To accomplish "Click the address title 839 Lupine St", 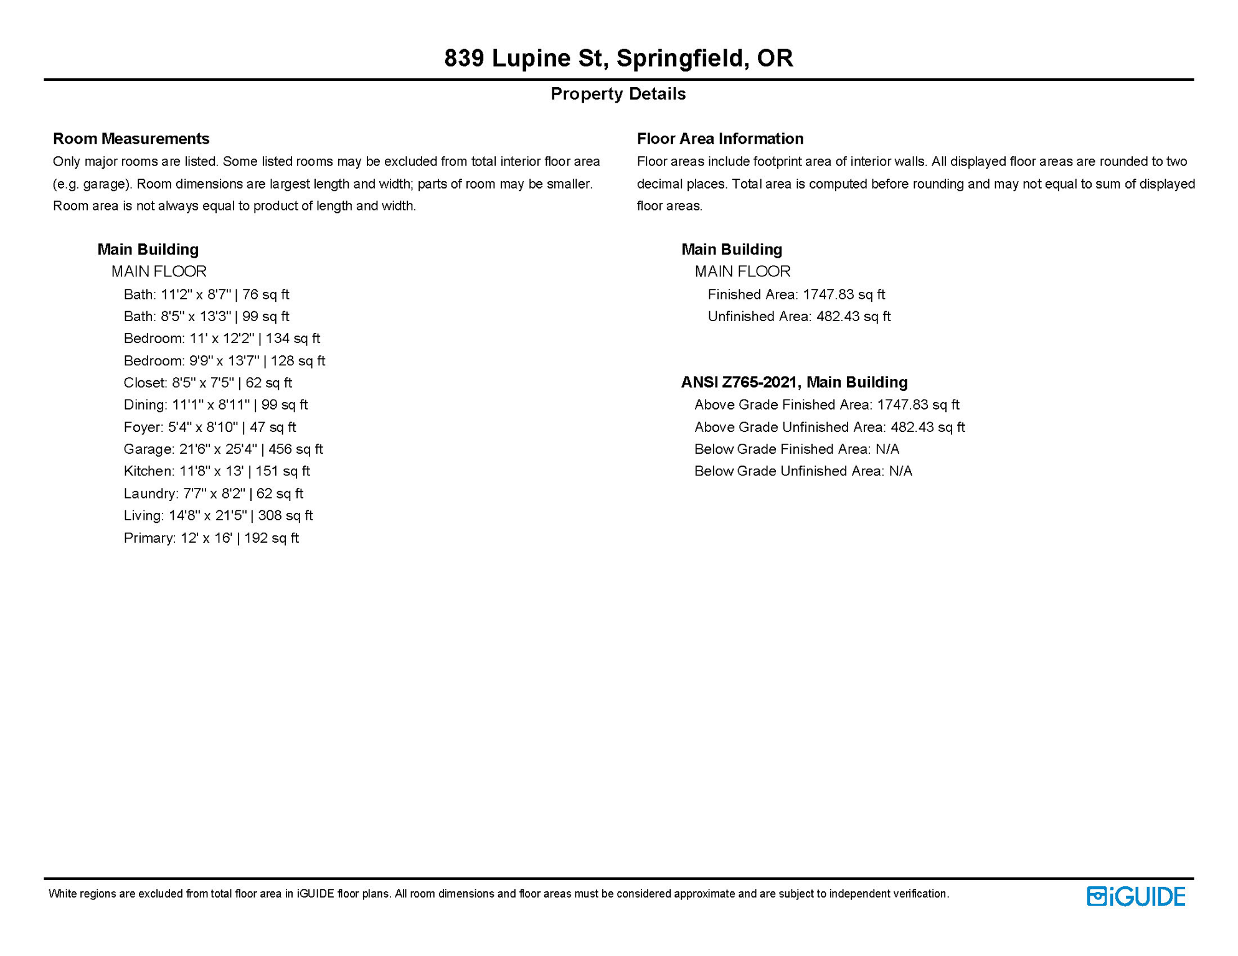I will tap(618, 58).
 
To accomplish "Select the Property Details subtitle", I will tap(618, 94).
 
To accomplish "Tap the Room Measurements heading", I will tap(131, 138).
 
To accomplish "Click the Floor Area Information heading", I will tap(720, 138).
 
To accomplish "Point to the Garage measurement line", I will tap(223, 449).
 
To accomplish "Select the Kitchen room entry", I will tap(217, 471).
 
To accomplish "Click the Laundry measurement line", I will tap(213, 494).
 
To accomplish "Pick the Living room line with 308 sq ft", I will tap(218, 515).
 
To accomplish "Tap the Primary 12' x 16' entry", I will tap(211, 538).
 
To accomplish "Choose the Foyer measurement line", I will tap(210, 427).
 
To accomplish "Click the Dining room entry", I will tap(215, 405).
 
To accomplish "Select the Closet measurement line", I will tap(207, 383).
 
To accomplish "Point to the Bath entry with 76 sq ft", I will tap(206, 294).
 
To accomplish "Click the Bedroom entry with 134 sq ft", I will tap(222, 339).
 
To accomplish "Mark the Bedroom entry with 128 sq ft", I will tap(224, 361).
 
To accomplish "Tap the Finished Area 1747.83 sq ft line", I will tap(796, 294).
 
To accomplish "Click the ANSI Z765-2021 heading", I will tap(794, 382).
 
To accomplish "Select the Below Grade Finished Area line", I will tap(796, 449).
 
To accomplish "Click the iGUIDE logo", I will tap(1136, 896).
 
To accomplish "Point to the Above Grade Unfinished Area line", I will tap(829, 427).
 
